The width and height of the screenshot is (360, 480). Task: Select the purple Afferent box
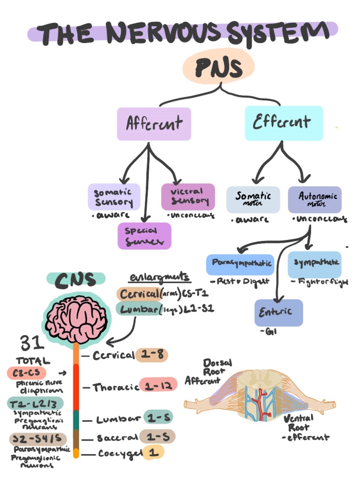point(154,124)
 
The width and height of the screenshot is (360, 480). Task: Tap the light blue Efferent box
point(284,123)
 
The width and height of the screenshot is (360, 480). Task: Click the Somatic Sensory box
point(114,197)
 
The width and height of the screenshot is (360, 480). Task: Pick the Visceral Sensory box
point(188,196)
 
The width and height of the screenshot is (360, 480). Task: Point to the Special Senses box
point(144,235)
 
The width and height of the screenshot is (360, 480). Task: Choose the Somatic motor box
point(253,199)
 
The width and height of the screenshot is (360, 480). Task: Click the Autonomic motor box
point(315,199)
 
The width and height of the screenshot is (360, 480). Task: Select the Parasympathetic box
point(240,263)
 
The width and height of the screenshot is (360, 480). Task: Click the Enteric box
point(278,312)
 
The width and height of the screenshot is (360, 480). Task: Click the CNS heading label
point(76,280)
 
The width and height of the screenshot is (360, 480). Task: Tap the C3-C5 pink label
point(26,373)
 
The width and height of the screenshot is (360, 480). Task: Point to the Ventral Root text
point(299,422)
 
